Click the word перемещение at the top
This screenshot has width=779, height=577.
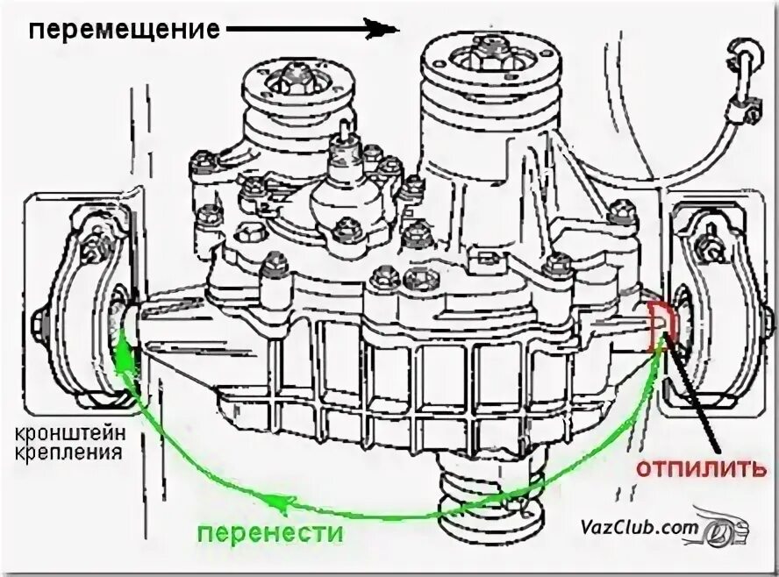point(124,30)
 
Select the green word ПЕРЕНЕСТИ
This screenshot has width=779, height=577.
point(269,532)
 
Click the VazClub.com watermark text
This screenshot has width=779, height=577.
point(638,528)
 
